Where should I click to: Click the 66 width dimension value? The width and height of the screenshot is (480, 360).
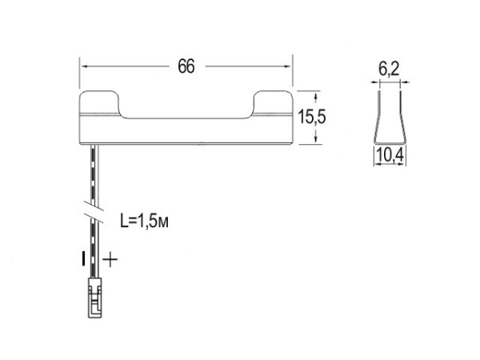click(x=186, y=66)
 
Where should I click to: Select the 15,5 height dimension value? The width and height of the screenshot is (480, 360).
click(x=312, y=117)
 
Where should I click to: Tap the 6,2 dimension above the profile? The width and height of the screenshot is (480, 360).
click(x=389, y=69)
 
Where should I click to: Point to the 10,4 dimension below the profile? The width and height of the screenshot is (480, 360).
click(x=390, y=155)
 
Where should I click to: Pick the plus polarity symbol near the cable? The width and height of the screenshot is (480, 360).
click(x=110, y=260)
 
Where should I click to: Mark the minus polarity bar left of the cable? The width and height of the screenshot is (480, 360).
click(x=83, y=258)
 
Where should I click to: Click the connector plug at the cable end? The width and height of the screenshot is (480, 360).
click(x=95, y=298)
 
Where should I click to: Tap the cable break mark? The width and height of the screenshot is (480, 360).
click(x=94, y=211)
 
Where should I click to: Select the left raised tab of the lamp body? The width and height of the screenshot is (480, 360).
click(x=99, y=102)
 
